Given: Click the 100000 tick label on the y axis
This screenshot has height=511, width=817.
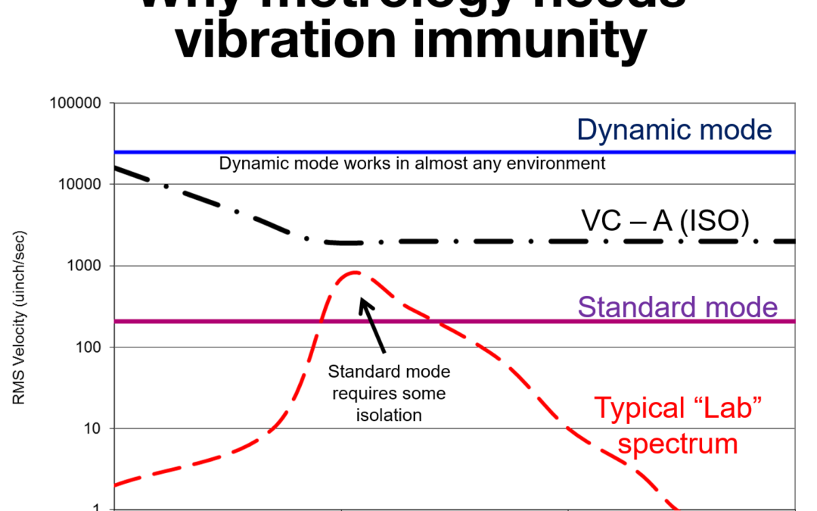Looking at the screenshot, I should [x=76, y=103].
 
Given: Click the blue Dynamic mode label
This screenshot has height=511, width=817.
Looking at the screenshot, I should [x=674, y=129].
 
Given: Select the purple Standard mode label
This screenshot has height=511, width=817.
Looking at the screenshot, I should [x=678, y=307].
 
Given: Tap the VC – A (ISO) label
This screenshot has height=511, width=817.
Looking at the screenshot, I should [x=665, y=220].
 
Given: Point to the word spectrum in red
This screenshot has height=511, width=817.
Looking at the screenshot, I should [x=677, y=443].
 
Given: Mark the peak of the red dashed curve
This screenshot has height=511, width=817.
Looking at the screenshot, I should [x=355, y=273].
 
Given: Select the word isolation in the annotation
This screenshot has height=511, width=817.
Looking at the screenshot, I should [x=388, y=415].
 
